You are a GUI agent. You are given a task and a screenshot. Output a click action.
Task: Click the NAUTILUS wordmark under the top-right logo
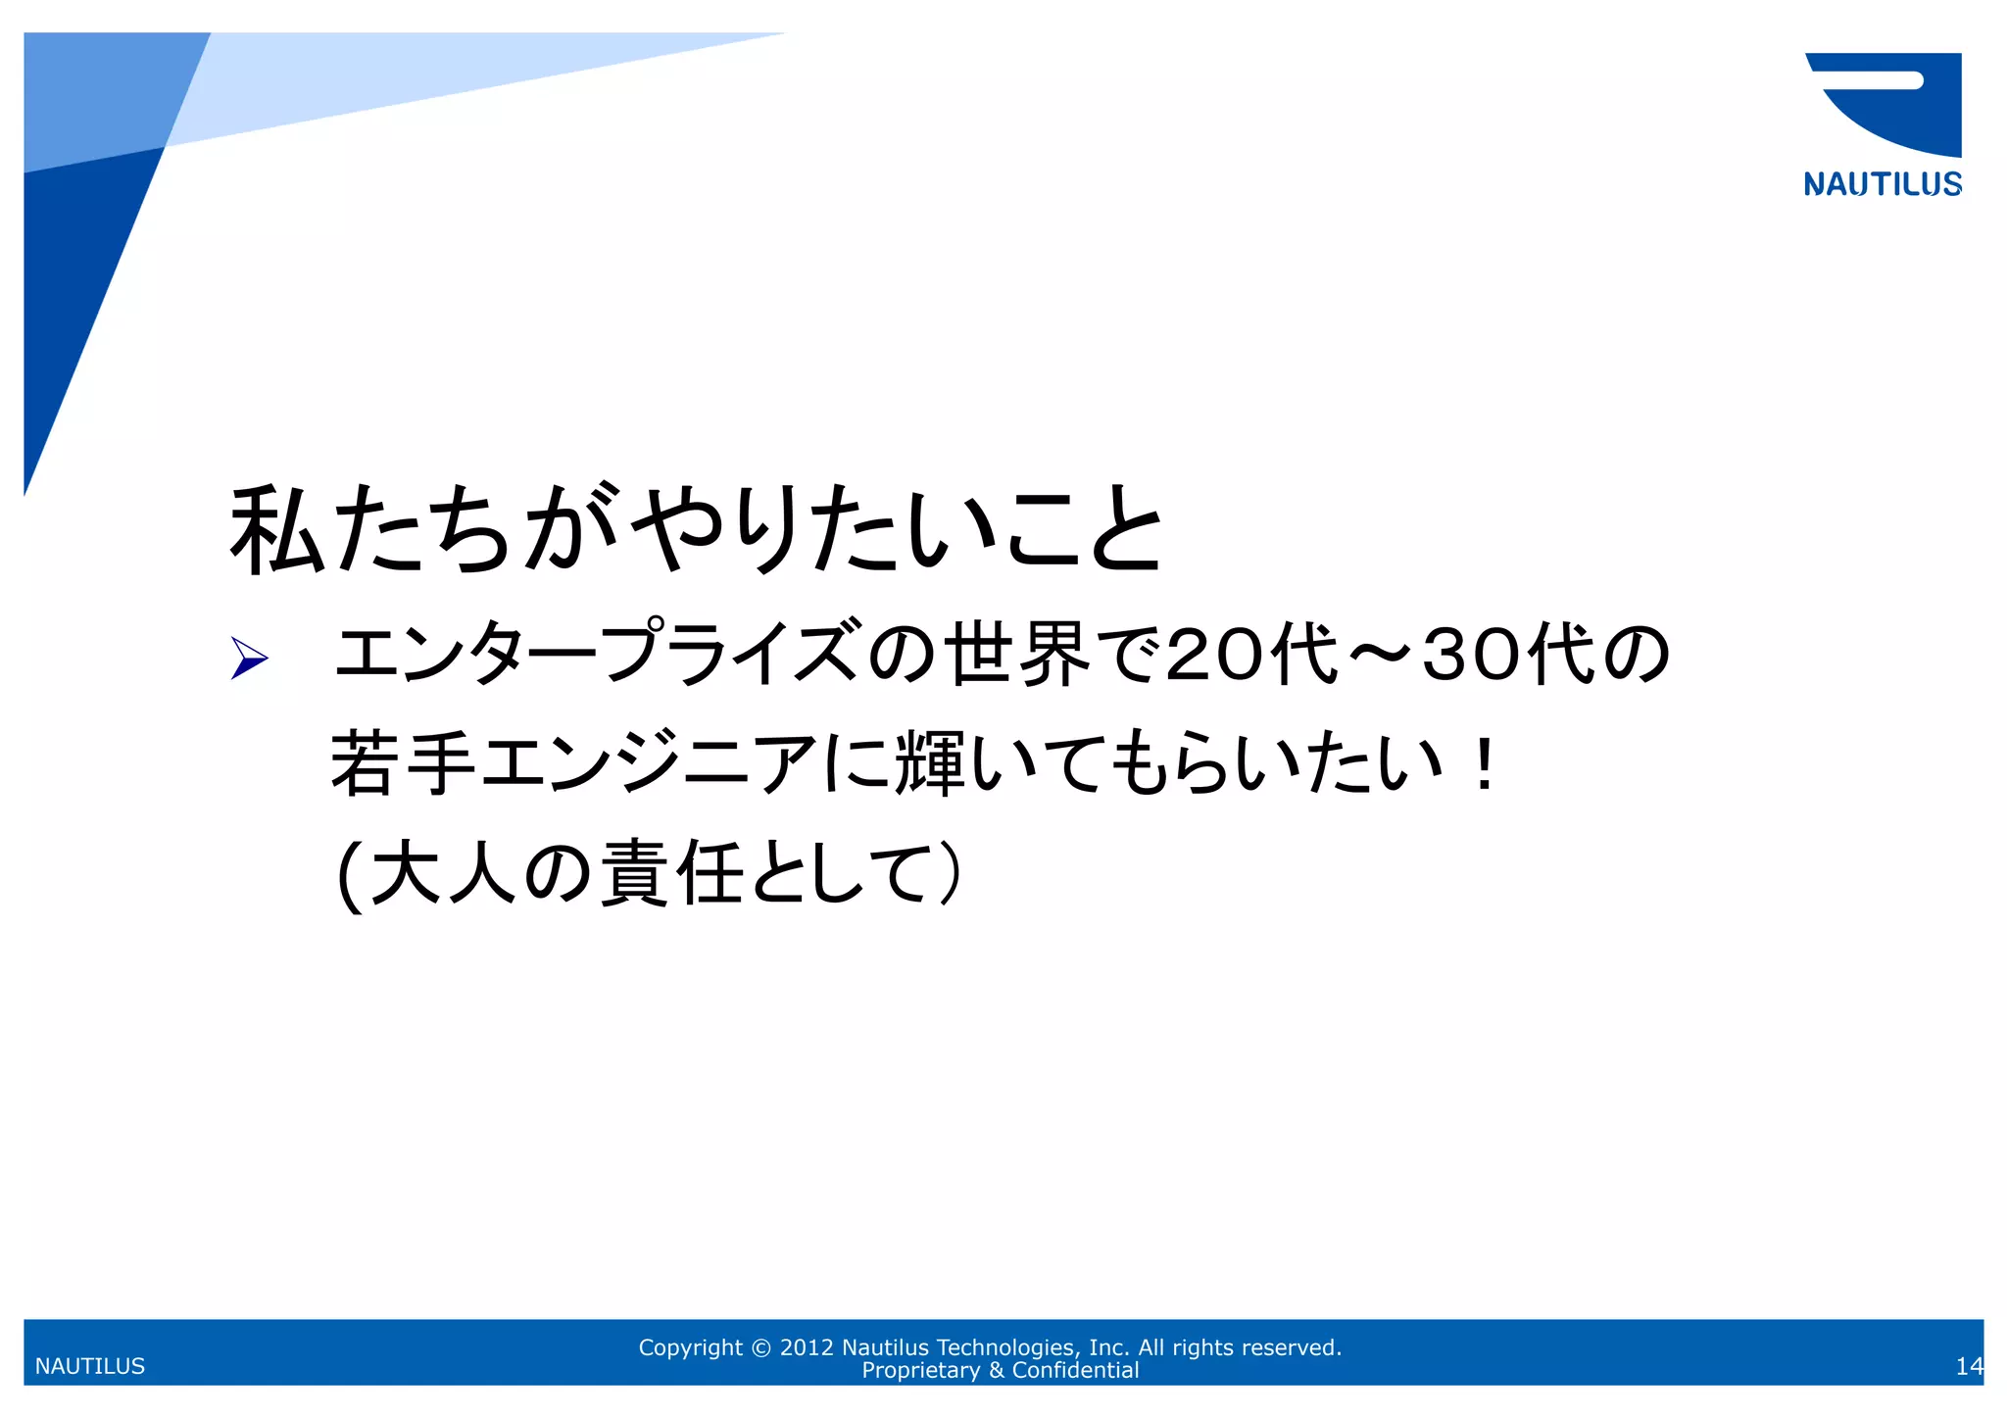[x=1882, y=184]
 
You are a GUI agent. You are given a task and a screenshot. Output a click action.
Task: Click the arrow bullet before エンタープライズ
[x=249, y=657]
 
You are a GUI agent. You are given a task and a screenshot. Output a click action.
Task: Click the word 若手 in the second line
[x=403, y=763]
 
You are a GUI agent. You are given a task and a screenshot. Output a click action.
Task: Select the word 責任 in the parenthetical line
[x=671, y=873]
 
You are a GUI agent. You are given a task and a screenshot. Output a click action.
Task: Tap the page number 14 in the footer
[x=1968, y=1366]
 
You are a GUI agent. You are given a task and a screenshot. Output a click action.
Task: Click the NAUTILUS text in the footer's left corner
[x=90, y=1366]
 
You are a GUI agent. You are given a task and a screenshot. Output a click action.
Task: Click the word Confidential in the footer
[x=1075, y=1370]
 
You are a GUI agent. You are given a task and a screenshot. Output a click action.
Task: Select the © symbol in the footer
[x=760, y=1348]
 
